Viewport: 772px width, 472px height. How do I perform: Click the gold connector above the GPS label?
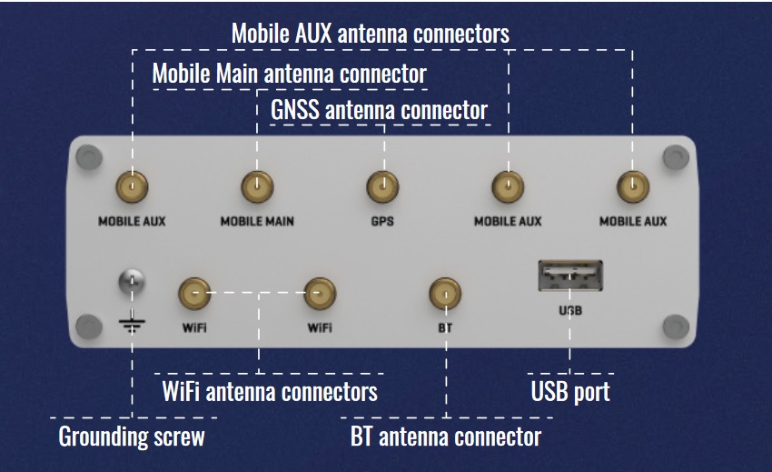tap(381, 188)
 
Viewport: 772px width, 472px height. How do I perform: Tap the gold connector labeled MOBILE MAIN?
tap(256, 188)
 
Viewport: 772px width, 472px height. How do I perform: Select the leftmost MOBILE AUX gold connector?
tap(133, 188)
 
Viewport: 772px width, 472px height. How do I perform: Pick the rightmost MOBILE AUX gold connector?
tap(632, 188)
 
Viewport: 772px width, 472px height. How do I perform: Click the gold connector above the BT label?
tap(445, 293)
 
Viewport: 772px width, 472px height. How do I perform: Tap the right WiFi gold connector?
tap(319, 293)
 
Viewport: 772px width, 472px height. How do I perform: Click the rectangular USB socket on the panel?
tap(570, 276)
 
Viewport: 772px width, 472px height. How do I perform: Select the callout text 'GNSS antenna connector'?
tap(379, 110)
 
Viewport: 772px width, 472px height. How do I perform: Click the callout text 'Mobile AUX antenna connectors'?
tap(370, 34)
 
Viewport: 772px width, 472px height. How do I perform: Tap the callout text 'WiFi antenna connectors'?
tap(270, 392)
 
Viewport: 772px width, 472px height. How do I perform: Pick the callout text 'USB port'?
tap(569, 392)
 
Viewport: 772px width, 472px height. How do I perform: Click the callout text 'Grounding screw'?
tap(132, 437)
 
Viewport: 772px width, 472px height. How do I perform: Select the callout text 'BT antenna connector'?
tap(446, 437)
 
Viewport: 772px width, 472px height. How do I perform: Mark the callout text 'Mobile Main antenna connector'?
tap(289, 73)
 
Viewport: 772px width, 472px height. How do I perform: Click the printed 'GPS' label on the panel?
tap(381, 222)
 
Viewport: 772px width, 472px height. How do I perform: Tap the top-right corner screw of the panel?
tap(674, 158)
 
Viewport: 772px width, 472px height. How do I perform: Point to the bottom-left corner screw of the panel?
tap(88, 326)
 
